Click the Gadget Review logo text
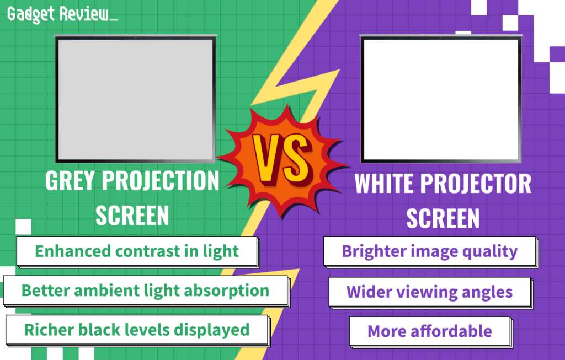pos(62,15)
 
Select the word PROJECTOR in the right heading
pos(484,184)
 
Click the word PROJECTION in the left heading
pos(169,181)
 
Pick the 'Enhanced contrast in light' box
pos(137,251)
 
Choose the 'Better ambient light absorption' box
pos(146,290)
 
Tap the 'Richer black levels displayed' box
pos(136,330)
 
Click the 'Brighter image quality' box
pos(430,251)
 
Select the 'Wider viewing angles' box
pos(429,292)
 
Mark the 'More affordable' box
pos(429,331)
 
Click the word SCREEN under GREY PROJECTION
pos(132,216)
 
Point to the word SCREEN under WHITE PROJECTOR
pos(443,218)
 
